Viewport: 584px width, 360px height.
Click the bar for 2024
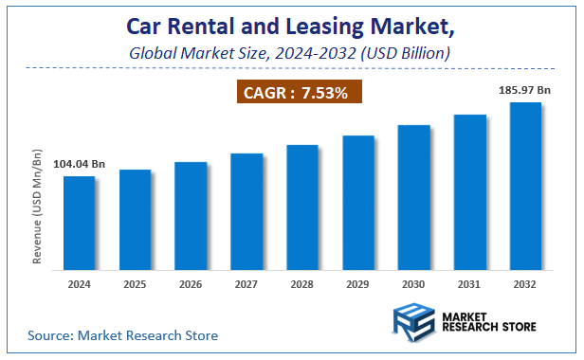point(79,224)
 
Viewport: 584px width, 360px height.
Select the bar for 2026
point(191,216)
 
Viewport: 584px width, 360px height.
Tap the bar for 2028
point(302,207)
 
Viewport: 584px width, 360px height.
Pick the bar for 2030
point(414,198)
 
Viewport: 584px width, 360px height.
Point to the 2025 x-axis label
point(135,284)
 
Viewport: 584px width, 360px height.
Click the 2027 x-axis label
point(246,284)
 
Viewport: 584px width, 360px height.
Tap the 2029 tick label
point(358,284)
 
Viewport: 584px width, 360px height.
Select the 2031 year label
point(470,284)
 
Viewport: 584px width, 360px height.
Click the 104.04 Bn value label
point(78,165)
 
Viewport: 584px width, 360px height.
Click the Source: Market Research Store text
point(123,335)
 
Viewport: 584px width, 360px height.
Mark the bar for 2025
point(135,220)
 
